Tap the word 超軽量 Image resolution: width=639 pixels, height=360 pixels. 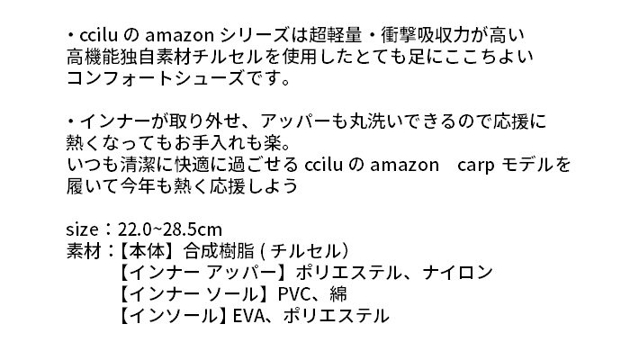tap(335, 35)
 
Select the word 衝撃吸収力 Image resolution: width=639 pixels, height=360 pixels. tap(425, 35)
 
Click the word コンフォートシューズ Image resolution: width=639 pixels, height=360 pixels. tap(156, 78)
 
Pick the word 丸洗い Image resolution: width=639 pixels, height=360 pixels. tap(373, 121)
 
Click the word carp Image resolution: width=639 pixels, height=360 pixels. tap(476, 166)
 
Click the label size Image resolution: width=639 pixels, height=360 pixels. tap(82, 229)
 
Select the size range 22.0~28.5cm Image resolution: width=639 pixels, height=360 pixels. tap(170, 229)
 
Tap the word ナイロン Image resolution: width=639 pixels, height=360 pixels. tap(458, 273)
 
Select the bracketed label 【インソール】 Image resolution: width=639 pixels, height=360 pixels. tap(174, 316)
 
